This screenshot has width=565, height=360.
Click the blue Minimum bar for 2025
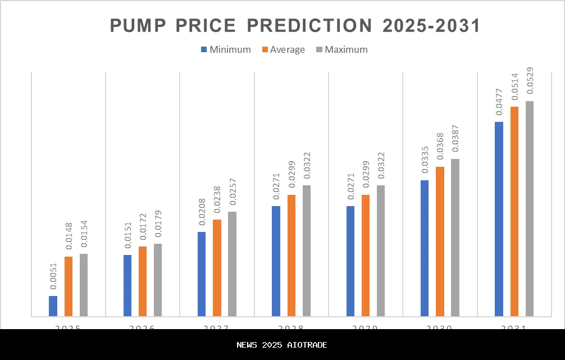click(53, 306)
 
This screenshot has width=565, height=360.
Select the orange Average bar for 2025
click(69, 286)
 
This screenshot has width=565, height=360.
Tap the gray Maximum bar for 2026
click(158, 280)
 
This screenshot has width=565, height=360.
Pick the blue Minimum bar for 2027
click(202, 274)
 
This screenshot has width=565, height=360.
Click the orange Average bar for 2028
click(291, 256)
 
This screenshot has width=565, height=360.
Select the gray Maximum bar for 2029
click(381, 250)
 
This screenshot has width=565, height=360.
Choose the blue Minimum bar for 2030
click(425, 248)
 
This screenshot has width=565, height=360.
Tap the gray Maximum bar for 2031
click(530, 209)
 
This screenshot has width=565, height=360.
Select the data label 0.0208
click(202, 212)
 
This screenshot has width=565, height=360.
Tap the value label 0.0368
click(440, 147)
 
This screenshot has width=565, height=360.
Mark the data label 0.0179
click(158, 225)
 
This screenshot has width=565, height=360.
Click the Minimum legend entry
click(226, 49)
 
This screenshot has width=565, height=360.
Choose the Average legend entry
click(284, 49)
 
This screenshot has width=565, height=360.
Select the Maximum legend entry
click(342, 49)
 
